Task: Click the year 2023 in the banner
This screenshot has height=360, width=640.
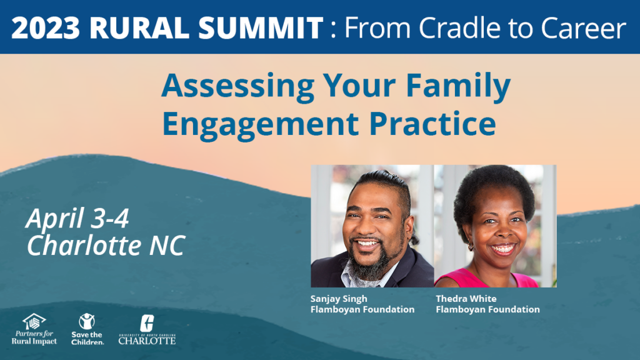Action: pos(45,27)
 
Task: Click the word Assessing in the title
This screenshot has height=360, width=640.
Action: pos(238,86)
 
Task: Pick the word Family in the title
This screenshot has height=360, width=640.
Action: pos(458,86)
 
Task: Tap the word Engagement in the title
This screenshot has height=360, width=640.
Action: pos(261,124)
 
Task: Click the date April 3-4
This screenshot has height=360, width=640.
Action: pos(77,218)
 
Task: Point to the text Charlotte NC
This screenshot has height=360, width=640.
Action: pos(106,245)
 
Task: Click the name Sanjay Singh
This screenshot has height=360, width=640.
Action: pos(338,299)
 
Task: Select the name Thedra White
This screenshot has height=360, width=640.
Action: pos(466,298)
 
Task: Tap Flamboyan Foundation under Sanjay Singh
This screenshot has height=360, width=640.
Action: pos(362,309)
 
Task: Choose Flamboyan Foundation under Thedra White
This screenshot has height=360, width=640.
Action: pos(487,309)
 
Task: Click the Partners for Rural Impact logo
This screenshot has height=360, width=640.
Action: pos(34,329)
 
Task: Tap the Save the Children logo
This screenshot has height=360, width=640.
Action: pos(87,329)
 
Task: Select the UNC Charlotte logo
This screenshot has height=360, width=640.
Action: pos(147,329)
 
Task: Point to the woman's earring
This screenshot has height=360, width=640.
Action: pos(470,246)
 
